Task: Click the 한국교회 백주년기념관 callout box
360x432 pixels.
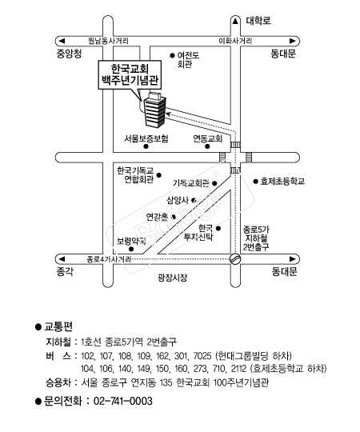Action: (130, 74)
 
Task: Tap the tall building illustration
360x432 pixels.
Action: (155, 110)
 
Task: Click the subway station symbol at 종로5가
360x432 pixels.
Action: (235, 258)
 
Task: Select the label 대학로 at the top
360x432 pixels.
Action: (258, 21)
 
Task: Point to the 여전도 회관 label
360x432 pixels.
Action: (188, 60)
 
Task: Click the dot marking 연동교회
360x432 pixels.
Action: (207, 146)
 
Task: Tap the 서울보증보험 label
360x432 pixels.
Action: (146, 138)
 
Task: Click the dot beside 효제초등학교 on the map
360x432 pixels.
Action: (256, 182)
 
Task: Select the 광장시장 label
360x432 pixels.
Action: (173, 277)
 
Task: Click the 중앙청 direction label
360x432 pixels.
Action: (69, 54)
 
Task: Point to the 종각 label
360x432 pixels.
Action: (65, 272)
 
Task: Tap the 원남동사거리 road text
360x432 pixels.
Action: (108, 41)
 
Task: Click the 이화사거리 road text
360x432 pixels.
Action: (235, 41)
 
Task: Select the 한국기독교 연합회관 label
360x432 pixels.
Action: (135, 175)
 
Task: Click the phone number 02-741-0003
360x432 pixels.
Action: (123, 401)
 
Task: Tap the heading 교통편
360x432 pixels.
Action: (58, 326)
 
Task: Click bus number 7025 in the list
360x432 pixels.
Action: (202, 356)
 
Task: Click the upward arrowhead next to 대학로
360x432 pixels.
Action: (235, 21)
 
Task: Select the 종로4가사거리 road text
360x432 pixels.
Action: (109, 259)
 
